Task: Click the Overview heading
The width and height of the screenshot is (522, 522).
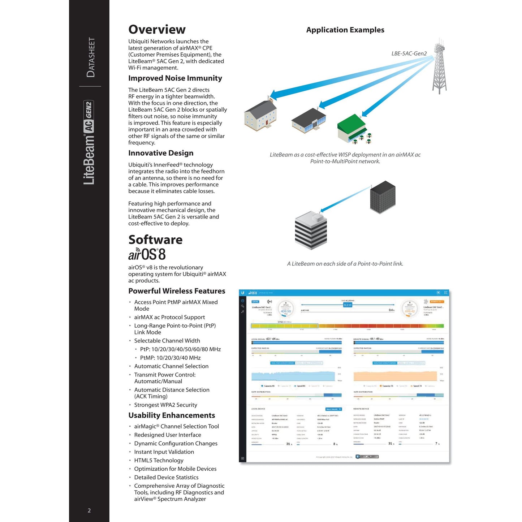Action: [157, 30]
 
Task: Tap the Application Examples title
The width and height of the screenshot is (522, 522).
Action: [345, 30]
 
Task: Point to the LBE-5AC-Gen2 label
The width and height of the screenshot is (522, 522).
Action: [409, 53]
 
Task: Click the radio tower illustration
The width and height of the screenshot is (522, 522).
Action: [439, 67]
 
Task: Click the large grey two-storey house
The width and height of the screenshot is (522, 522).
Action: [260, 115]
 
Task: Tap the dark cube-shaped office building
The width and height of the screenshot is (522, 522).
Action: [383, 197]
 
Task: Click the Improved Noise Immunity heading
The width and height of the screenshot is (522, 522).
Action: [175, 78]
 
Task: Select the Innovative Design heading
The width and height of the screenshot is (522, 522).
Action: [161, 153]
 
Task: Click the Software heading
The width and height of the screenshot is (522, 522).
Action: [155, 240]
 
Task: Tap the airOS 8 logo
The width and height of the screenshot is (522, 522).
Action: [147, 254]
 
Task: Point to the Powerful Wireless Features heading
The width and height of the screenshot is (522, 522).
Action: [177, 291]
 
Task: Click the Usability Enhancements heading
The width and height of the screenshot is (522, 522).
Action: [172, 415]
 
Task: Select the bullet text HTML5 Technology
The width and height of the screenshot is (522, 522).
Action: [159, 460]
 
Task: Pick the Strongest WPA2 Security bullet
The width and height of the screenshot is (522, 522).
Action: [165, 405]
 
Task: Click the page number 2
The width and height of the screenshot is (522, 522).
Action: [89, 510]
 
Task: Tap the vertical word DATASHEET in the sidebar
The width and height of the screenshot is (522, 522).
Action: [91, 57]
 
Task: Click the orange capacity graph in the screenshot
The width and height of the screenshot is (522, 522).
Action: [396, 376]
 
